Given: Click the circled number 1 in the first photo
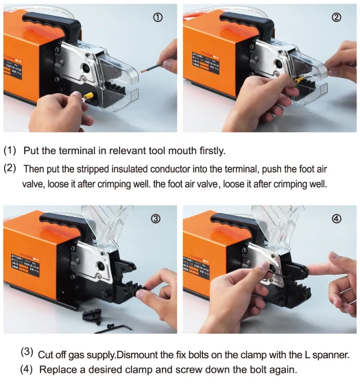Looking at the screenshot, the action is click(x=158, y=17).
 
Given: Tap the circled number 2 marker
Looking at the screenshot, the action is click(x=337, y=17).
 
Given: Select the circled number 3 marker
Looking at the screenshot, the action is click(x=156, y=219).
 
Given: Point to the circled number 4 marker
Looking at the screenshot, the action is click(x=337, y=219).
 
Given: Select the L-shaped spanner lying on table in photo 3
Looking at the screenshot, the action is click(x=113, y=328).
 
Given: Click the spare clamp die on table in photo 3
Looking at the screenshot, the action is click(x=92, y=315).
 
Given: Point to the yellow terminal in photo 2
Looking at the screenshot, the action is click(x=299, y=80).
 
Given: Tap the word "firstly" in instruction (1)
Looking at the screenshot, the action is click(x=213, y=151).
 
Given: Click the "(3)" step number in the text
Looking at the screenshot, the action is click(x=27, y=352).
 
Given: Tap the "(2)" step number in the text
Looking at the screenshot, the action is click(x=10, y=169).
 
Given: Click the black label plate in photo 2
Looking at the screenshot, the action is click(x=206, y=62).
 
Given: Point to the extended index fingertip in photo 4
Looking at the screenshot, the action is click(x=309, y=271).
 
